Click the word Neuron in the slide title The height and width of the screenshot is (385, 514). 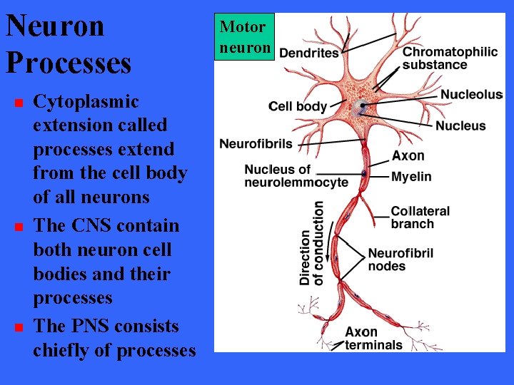pos(55,26)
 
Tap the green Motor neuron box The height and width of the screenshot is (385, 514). pos(245,37)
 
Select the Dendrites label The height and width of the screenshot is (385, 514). pos(308,53)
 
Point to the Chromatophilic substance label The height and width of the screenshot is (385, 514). pos(450,58)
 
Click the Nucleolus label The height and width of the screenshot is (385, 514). pos(470,95)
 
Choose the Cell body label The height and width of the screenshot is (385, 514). pos(298,107)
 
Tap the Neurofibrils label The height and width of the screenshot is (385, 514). pos(256,144)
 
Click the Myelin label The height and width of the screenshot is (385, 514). pos(411,177)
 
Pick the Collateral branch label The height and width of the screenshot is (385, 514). pos(420,217)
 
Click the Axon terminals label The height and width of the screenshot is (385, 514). pos(373,339)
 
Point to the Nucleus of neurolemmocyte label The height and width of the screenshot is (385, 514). pos(296,175)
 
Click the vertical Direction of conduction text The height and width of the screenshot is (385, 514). pos(311,243)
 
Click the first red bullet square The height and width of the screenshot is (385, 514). pos(19,103)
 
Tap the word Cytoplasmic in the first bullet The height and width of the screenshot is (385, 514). pos(86,101)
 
